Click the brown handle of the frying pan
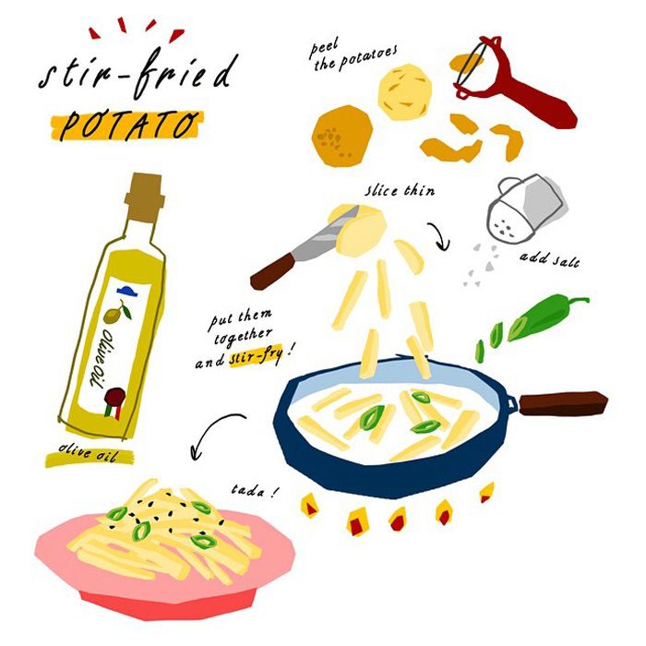click(x=563, y=403)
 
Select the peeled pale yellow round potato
click(x=405, y=92)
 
